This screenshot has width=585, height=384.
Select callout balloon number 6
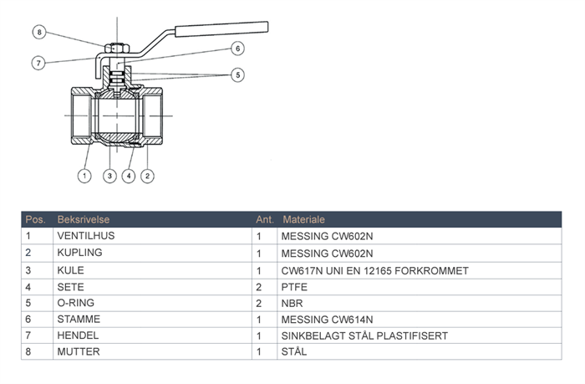click(x=237, y=49)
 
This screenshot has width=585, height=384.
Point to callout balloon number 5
click(x=237, y=75)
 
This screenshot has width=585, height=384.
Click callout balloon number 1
click(x=84, y=176)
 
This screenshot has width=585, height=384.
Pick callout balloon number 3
click(x=109, y=176)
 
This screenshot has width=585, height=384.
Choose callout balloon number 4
click(x=128, y=176)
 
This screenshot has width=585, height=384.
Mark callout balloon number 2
click(x=147, y=176)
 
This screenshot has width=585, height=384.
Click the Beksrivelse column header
click(x=80, y=219)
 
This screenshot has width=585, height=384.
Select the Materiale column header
click(x=303, y=219)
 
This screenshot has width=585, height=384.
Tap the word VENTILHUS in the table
click(x=86, y=236)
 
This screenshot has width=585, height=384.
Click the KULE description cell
click(x=70, y=270)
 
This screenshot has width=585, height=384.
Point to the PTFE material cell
click(x=294, y=286)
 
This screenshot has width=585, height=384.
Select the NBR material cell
click(x=292, y=303)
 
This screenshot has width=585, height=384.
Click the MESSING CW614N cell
click(x=327, y=319)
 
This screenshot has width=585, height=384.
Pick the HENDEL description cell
click(x=77, y=335)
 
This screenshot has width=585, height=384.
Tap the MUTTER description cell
click(x=78, y=352)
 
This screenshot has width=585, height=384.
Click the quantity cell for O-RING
click(x=259, y=303)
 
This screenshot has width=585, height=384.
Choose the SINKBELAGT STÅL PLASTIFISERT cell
click(x=364, y=335)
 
